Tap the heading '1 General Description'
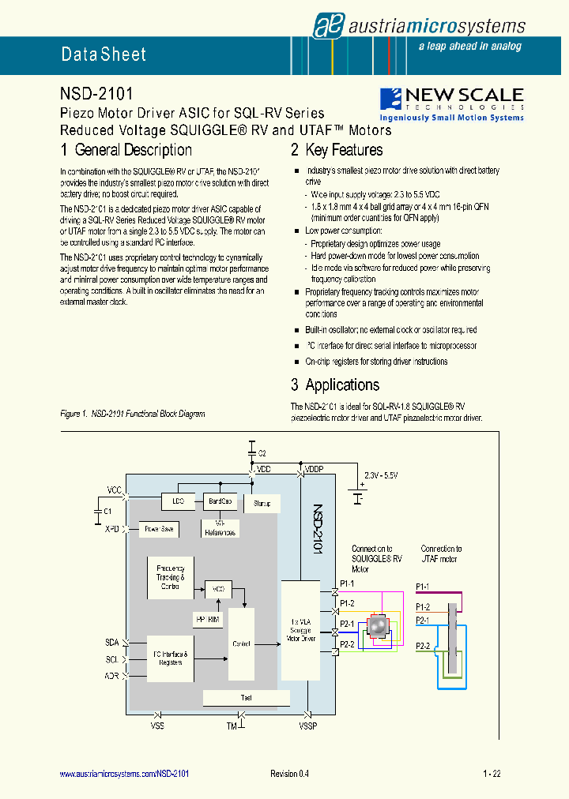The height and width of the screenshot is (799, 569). (x=126, y=150)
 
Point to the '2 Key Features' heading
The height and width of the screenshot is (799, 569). (x=336, y=150)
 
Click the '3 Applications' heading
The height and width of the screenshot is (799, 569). (x=334, y=385)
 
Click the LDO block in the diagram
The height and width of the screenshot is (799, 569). (x=177, y=501)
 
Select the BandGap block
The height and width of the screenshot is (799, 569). (x=220, y=501)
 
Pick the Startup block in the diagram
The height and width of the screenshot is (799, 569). (x=262, y=503)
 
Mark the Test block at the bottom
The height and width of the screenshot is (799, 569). (x=246, y=698)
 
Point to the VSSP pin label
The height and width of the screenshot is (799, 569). (x=307, y=725)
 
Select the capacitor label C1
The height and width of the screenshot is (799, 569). (x=107, y=512)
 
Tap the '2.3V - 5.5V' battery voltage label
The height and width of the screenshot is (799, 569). (x=382, y=476)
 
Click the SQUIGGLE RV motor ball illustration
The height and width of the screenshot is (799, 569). (x=378, y=626)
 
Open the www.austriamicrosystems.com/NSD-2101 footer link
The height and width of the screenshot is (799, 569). (x=124, y=775)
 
